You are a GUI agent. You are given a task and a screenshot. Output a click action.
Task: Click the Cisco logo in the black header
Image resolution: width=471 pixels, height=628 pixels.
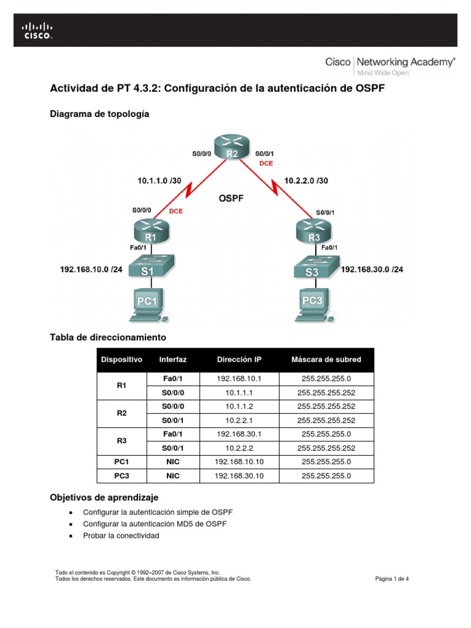pos(38,30)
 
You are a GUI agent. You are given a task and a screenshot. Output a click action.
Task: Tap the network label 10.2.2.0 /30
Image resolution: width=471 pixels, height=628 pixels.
pos(306,180)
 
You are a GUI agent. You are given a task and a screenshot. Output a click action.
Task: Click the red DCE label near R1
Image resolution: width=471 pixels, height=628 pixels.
pos(176,211)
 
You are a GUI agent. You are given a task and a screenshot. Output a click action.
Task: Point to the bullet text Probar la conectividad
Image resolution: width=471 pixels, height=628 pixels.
pos(121,535)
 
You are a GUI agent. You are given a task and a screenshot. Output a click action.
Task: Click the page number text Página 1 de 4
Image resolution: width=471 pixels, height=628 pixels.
pos(392,578)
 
